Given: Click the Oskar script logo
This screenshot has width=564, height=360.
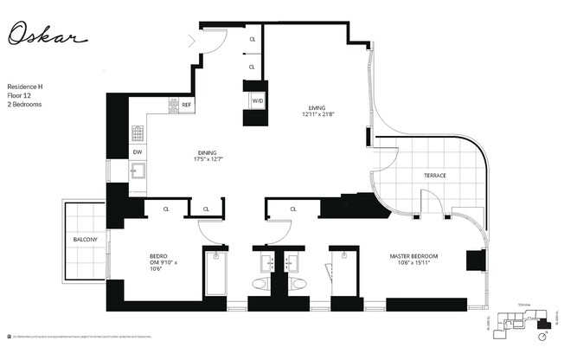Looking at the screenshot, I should (48, 34).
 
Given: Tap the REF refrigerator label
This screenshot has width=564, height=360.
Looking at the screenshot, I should (186, 105).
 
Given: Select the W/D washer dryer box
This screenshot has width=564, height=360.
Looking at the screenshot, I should (257, 101).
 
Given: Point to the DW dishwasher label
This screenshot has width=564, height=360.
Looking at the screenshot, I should (137, 152).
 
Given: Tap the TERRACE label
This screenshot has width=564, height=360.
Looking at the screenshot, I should (434, 176).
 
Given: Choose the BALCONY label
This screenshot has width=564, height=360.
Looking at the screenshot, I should (85, 240).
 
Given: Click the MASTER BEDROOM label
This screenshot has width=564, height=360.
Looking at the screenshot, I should (413, 256).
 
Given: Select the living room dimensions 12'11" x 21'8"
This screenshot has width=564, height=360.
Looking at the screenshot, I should (317, 114).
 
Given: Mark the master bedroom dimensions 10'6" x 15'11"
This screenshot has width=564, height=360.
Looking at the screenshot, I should (412, 264).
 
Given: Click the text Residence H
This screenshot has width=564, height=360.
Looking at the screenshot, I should (25, 87).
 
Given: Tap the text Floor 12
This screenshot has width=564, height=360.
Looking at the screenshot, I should (19, 96).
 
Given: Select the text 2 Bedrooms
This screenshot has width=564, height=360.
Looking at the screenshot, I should (24, 105).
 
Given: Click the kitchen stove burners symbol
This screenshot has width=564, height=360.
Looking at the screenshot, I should (137, 132).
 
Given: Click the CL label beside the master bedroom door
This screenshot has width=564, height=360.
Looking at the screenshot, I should (293, 209).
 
